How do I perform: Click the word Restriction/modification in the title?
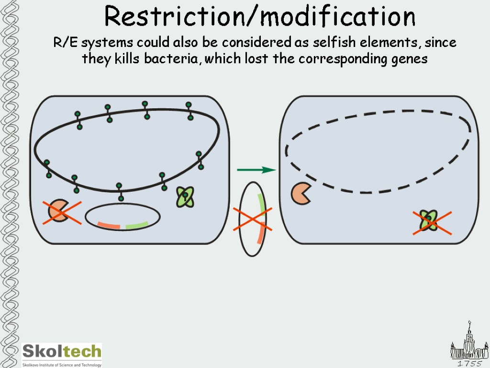pos(260,17)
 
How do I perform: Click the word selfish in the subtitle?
pos(333,43)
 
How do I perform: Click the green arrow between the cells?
pos(256,170)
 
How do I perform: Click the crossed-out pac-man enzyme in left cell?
pos(59,212)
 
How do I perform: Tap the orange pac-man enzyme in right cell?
pos(301,193)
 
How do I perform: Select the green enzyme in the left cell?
pos(185,196)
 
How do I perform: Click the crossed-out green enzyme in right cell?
pos(430,221)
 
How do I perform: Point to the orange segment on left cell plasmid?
pos(109,225)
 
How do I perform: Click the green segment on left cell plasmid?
pos(137,225)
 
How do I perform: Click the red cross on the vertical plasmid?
pos(252,219)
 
